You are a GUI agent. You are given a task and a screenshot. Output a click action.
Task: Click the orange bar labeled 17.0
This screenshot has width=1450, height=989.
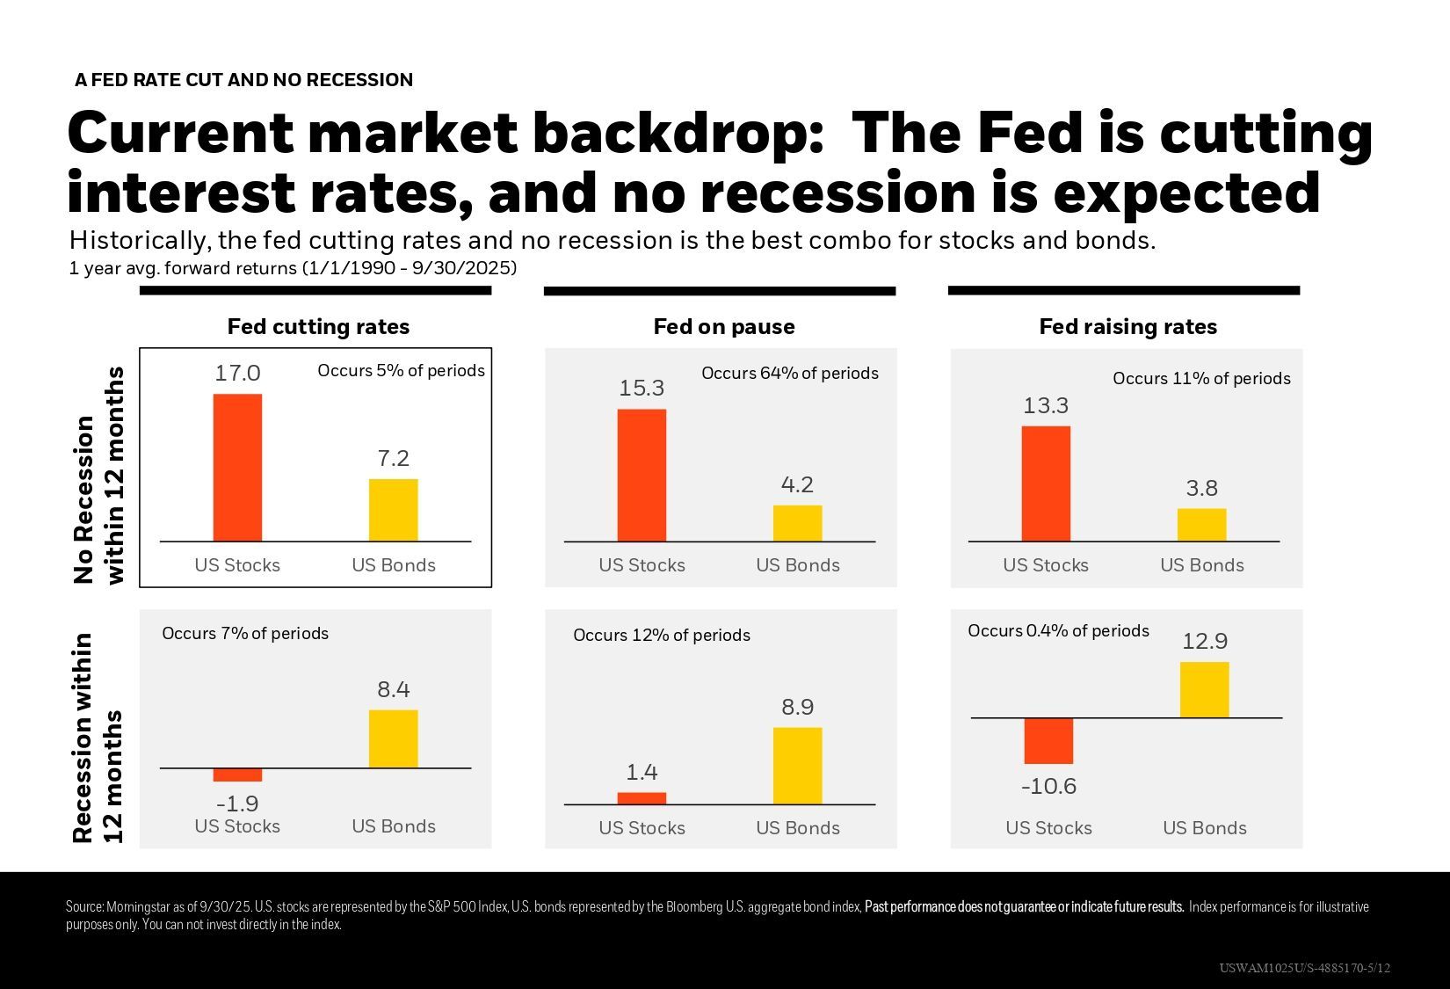tap(237, 468)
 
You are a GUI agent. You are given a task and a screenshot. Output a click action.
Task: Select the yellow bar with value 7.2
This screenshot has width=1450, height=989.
tap(393, 510)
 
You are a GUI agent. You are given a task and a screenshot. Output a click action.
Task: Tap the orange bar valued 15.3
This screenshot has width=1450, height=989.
tap(642, 476)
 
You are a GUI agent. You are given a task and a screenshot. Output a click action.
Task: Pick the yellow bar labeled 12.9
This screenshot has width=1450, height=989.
tap(1204, 690)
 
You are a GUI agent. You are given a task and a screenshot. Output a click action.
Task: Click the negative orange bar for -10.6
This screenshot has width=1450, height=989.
tap(1048, 741)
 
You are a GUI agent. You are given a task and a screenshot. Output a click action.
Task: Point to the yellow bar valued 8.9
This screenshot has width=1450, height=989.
tap(797, 766)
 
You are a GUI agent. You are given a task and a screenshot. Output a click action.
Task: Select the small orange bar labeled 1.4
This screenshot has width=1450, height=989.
tap(642, 798)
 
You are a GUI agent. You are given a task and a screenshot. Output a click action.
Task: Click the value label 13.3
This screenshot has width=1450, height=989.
tap(1046, 406)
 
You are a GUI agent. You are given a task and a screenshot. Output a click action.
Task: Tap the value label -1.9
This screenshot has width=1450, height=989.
tap(237, 804)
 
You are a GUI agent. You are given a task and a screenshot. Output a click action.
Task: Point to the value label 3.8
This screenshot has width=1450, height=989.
tap(1201, 489)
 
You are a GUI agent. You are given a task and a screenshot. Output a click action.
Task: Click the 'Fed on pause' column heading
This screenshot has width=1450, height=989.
tap(724, 327)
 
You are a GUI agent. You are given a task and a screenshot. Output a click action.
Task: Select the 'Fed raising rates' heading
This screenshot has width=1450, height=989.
tap(1127, 327)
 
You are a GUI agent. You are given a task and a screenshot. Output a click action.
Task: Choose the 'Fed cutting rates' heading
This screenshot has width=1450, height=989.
tap(318, 327)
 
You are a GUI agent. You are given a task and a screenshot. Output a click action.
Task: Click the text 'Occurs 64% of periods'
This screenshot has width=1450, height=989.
tap(790, 374)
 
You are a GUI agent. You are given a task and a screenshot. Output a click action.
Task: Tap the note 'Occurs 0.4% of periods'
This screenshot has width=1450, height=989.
tap(1058, 631)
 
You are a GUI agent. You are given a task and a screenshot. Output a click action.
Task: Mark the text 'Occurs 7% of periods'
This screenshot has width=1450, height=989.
tap(245, 634)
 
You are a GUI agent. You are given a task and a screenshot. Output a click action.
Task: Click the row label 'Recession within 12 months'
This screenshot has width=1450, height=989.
tap(97, 738)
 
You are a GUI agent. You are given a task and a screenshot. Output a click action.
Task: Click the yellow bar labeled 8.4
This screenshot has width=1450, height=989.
tap(393, 739)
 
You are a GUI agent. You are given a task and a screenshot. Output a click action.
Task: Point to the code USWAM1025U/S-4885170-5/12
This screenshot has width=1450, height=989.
tap(1304, 968)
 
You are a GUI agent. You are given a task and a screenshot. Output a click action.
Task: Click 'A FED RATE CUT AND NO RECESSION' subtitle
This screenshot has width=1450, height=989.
tap(243, 80)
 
